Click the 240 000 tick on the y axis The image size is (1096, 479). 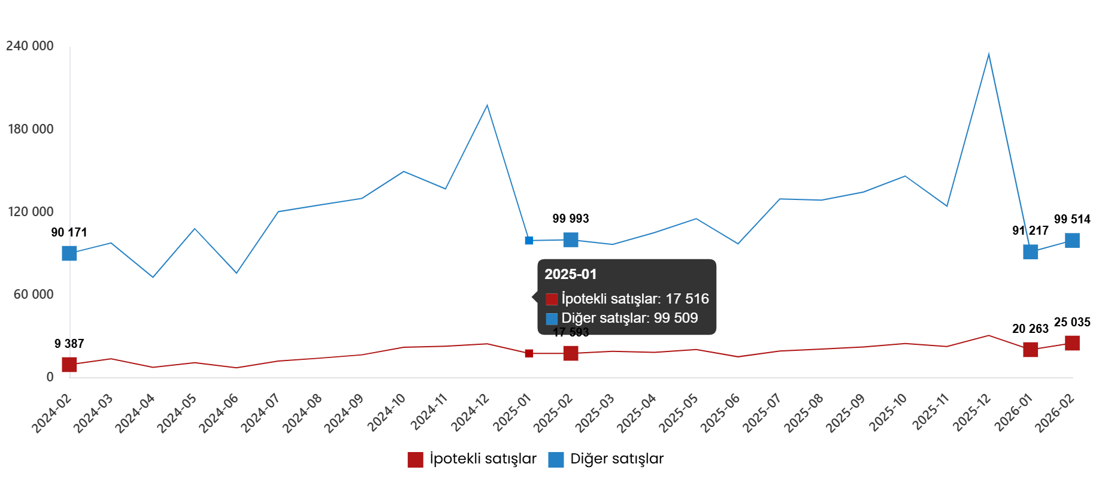pyautogui.click(x=29, y=46)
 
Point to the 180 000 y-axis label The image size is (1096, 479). pyautogui.click(x=29, y=129)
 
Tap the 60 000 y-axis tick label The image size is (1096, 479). pyautogui.click(x=33, y=295)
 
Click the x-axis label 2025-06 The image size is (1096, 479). pyautogui.click(x=720, y=413)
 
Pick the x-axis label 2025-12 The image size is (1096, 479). pyautogui.click(x=972, y=413)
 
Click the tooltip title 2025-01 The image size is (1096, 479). pyautogui.click(x=570, y=274)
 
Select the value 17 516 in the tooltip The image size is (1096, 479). pyautogui.click(x=687, y=299)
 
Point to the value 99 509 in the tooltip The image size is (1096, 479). pyautogui.click(x=676, y=318)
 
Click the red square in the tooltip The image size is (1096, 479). pyautogui.click(x=552, y=299)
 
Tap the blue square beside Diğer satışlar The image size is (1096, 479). pyautogui.click(x=552, y=319)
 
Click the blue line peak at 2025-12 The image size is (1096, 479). pyautogui.click(x=988, y=54)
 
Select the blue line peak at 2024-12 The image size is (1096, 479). pyautogui.click(x=487, y=105)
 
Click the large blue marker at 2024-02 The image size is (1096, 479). pyautogui.click(x=69, y=253)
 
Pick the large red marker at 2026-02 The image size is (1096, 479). pyautogui.click(x=1072, y=343)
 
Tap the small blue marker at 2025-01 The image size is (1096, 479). pyautogui.click(x=529, y=241)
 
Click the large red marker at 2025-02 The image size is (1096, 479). pyautogui.click(x=571, y=353)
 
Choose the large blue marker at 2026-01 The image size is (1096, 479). pyautogui.click(x=1030, y=252)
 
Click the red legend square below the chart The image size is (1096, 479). pyautogui.click(x=415, y=460)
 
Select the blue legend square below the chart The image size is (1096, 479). pyautogui.click(x=556, y=460)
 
